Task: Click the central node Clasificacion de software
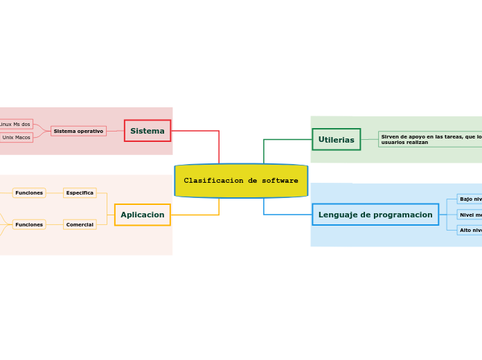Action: [x=241, y=181]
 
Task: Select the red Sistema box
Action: [x=148, y=131]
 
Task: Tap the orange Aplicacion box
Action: [x=143, y=215]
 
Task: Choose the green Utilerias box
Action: [x=336, y=139]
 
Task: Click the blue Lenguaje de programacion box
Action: [x=375, y=215]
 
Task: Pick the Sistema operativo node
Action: [x=78, y=131]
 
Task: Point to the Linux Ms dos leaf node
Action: [x=15, y=124]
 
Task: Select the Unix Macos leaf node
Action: [x=17, y=137]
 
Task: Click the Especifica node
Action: [x=80, y=192]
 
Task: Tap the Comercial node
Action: [x=80, y=224]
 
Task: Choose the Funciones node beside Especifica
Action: [x=29, y=192]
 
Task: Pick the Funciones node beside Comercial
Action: [x=29, y=224]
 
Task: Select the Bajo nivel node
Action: [x=470, y=199]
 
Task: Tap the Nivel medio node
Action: [x=470, y=215]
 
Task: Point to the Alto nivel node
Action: [x=470, y=230]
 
